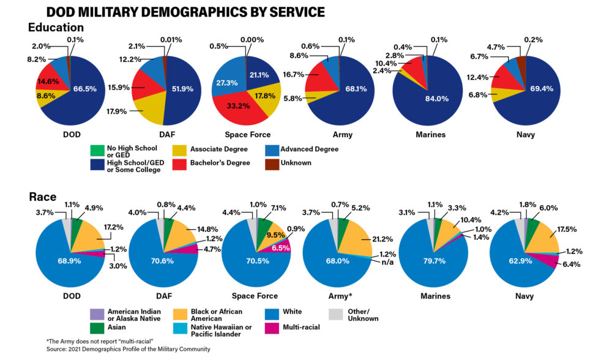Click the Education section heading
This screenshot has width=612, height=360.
coord(56,28)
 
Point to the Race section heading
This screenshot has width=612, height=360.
coord(42,197)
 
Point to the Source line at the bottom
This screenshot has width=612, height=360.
coord(128,349)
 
